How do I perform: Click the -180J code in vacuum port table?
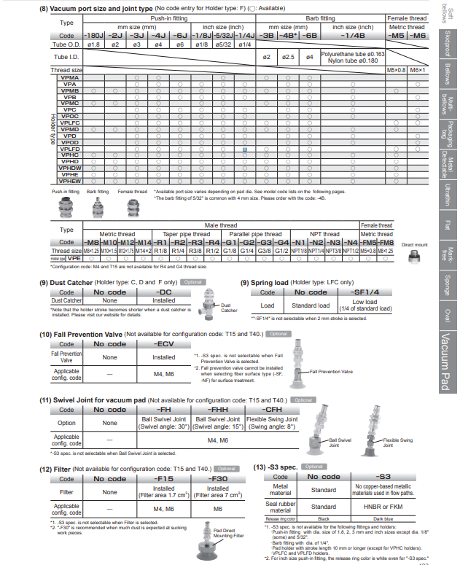94,34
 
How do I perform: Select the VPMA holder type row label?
71,77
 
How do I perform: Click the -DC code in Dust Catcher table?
164,292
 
